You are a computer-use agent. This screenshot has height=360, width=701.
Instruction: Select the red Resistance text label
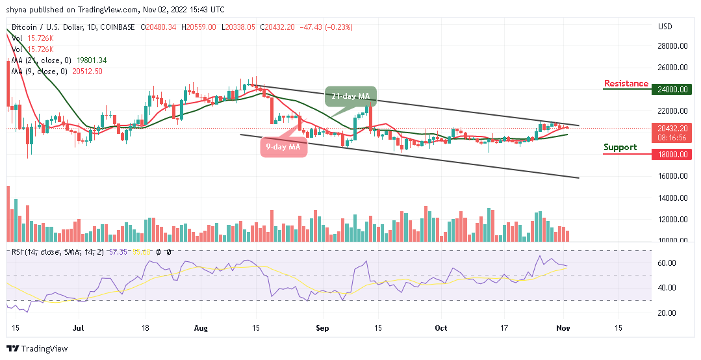coord(626,83)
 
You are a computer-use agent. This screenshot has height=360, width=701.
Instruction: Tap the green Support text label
coord(620,147)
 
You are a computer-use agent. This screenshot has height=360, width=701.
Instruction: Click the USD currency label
coord(665,27)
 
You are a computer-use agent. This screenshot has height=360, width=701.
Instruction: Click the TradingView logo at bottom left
coord(37,349)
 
